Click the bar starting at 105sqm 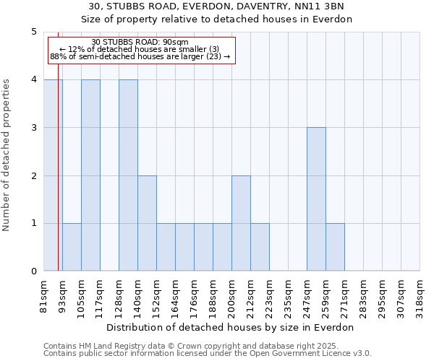[90, 175]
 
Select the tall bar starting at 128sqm [128, 175]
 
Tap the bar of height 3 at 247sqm [316, 199]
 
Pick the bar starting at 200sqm [241, 223]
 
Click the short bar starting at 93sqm [72, 247]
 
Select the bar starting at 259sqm [335, 247]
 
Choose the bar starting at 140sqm [147, 223]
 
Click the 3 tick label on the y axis [33, 128]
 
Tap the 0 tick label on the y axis [33, 271]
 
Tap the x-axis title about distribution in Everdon [231, 327]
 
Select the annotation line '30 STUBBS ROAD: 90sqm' [140, 42]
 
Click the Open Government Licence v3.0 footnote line [208, 354]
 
